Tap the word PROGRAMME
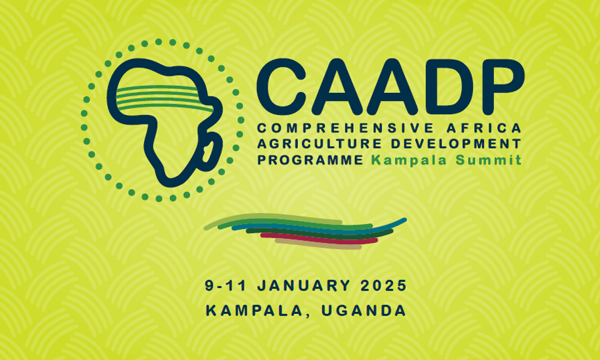pos(311,160)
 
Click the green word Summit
pos(488,160)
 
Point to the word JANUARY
pos(303,286)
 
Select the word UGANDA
pos(363,310)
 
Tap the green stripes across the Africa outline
pos(165,98)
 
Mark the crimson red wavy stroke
pos(319,238)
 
